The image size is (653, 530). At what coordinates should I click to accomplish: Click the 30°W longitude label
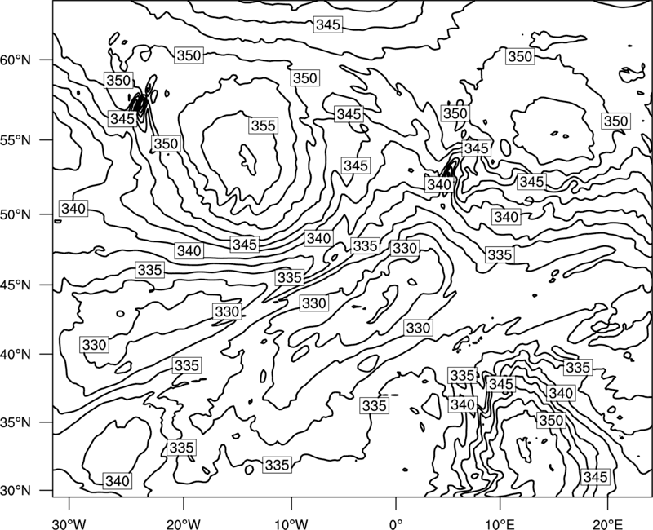[69, 524]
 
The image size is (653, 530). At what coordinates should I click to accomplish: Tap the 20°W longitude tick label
[183, 524]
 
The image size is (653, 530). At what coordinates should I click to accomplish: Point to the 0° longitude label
[395, 524]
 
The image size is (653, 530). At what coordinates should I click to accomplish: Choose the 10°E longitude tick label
[500, 524]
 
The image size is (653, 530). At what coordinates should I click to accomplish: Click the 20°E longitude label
[607, 524]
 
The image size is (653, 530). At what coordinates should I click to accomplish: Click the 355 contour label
[264, 126]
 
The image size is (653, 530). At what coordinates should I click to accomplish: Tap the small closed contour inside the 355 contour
[248, 159]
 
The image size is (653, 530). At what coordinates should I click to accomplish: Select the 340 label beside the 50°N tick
[73, 208]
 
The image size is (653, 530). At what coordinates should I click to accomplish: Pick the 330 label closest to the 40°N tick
[95, 345]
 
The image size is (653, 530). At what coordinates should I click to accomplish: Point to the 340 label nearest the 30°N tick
[118, 481]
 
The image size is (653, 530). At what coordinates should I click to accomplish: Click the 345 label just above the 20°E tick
[596, 477]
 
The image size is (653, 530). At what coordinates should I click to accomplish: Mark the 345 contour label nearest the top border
[329, 24]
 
